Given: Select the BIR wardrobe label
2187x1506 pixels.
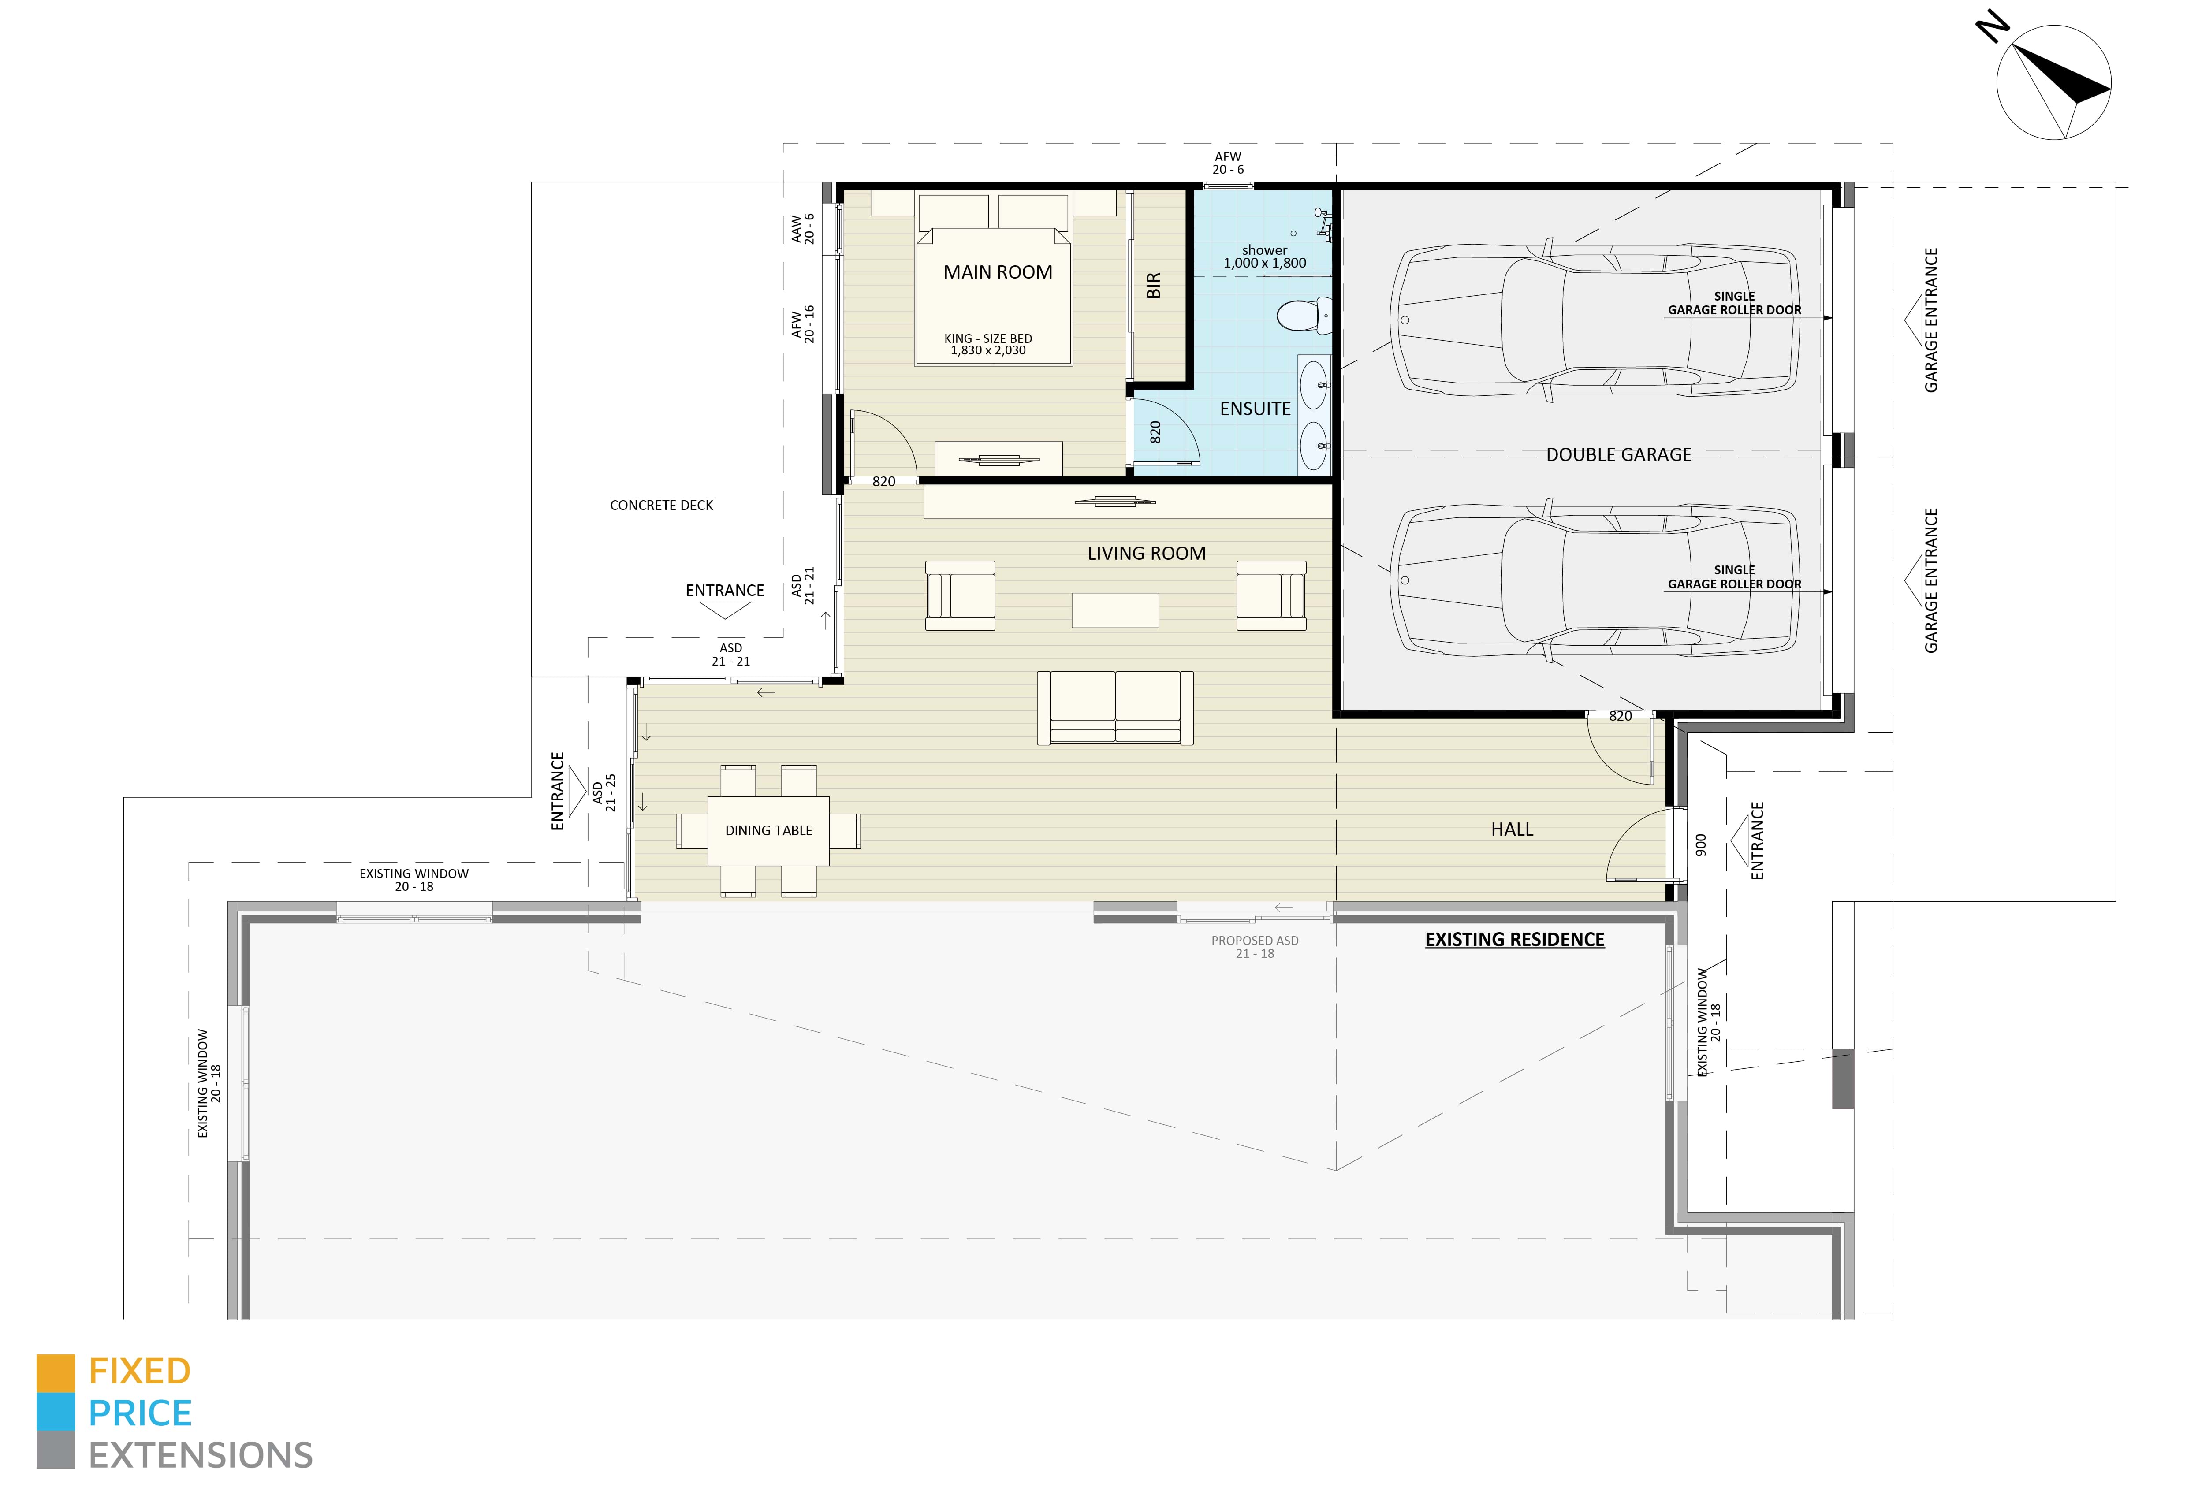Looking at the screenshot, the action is pos(1153,286).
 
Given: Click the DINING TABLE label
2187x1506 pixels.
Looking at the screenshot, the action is pos(768,830).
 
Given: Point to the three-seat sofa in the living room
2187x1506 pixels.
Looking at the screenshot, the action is pos(1115,708).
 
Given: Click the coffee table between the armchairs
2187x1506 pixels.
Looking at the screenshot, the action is pos(1115,610).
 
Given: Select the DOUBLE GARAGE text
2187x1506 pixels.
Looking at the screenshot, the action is pos(1619,455).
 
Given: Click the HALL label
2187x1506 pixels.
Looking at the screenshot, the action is pos(1512,829).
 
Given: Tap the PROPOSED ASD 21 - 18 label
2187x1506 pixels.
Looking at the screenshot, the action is pos(1255,946).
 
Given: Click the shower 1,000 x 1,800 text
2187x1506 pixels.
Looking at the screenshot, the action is pos(1265,257).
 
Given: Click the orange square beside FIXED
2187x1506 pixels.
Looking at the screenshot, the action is pos(55,1373).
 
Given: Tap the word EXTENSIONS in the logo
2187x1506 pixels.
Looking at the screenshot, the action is pos(201,1455).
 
